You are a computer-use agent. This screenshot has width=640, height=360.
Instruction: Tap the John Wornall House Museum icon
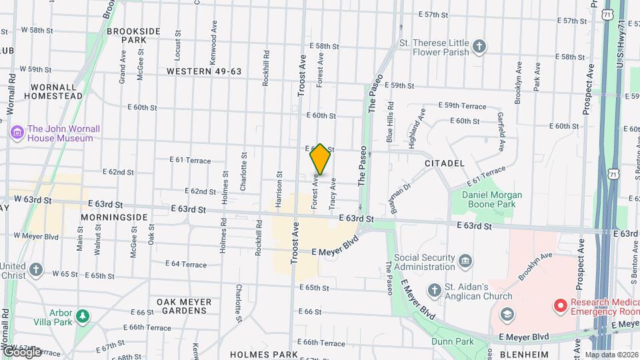pyautogui.click(x=17, y=133)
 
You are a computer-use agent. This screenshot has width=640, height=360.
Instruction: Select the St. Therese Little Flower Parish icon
pyautogui.click(x=478, y=46)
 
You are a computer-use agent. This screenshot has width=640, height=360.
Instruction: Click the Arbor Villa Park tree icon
pyautogui.click(x=83, y=315)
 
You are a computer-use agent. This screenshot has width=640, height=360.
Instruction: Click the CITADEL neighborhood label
pyautogui.click(x=445, y=163)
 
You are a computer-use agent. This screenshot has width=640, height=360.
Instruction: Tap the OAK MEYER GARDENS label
pyautogui.click(x=184, y=307)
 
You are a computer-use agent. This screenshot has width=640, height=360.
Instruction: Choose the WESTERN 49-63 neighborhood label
pyautogui.click(x=203, y=71)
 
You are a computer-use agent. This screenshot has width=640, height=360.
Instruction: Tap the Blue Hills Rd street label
pyautogui.click(x=391, y=122)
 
